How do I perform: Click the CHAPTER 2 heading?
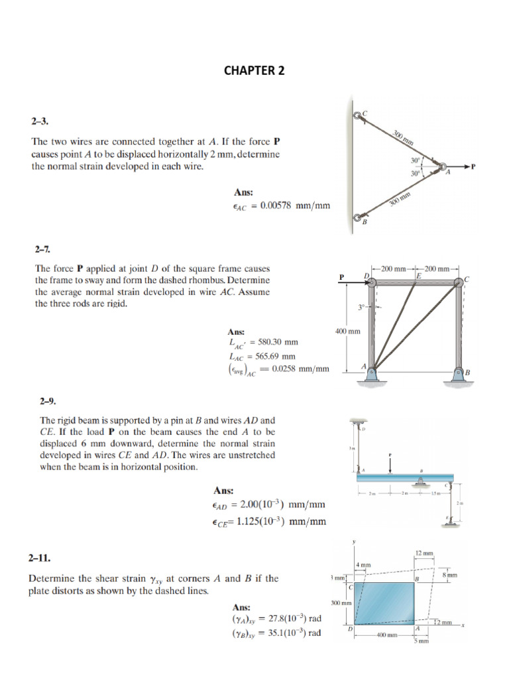(254, 71)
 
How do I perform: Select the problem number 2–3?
(40, 122)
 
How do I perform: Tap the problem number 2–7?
(42, 250)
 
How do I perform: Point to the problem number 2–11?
(39, 559)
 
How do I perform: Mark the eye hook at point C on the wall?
(359, 115)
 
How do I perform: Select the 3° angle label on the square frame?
(361, 307)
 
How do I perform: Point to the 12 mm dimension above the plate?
(424, 553)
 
